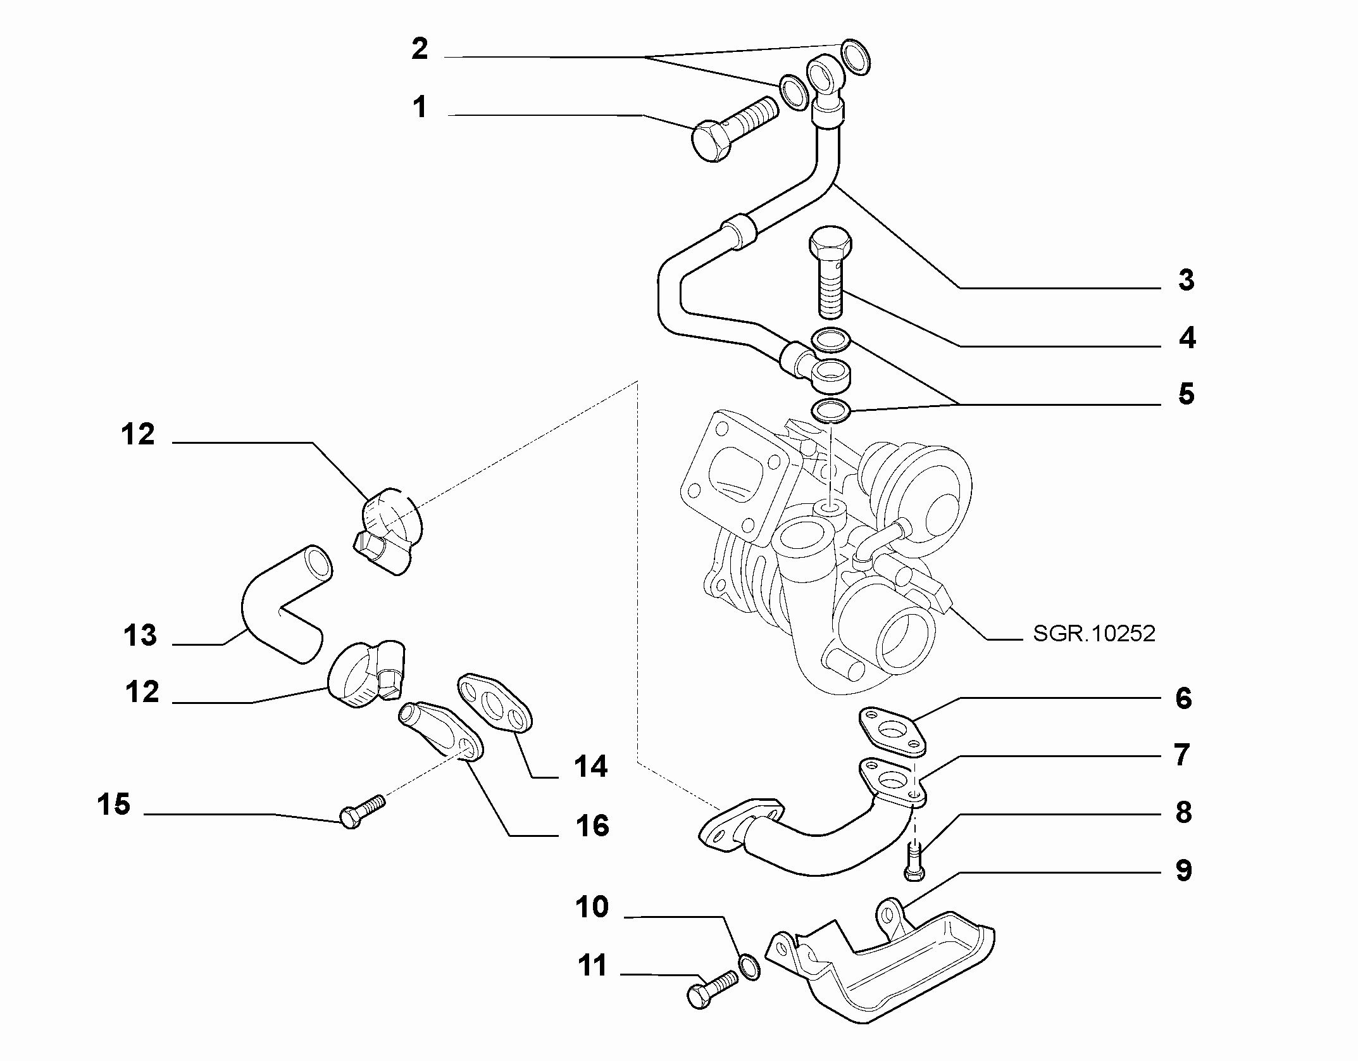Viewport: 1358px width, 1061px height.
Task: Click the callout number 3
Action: [x=1186, y=280]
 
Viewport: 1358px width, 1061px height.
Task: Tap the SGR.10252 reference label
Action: [x=1094, y=634]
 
